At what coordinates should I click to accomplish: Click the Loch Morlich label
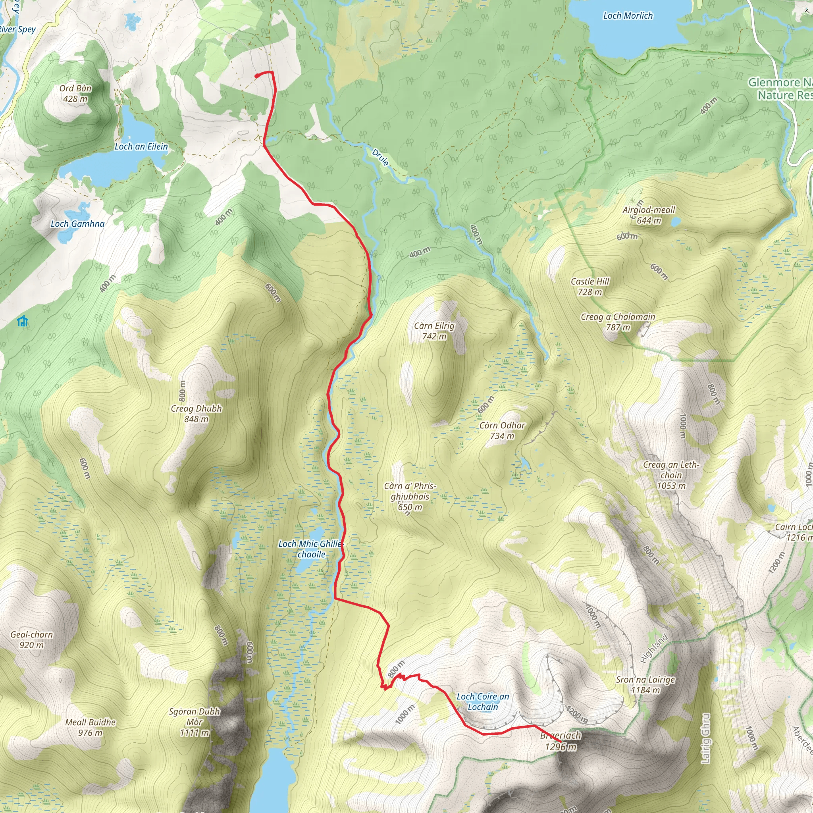(x=628, y=16)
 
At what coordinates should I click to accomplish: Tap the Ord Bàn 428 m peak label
(x=75, y=93)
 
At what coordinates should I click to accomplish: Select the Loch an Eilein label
(x=141, y=146)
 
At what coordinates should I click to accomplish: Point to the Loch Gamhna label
(x=77, y=224)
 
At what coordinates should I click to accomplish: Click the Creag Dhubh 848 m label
(x=196, y=414)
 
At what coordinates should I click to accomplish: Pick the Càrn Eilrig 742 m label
(x=434, y=331)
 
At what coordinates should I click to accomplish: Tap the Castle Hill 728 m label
(x=590, y=287)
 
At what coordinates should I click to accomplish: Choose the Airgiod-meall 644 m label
(x=649, y=215)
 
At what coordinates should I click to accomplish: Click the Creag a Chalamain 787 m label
(x=618, y=322)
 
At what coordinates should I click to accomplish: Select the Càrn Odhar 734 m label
(x=502, y=430)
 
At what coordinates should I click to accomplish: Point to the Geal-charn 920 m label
(x=32, y=640)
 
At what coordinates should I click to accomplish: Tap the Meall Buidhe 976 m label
(x=90, y=727)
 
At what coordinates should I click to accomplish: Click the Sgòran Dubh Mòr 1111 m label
(x=195, y=722)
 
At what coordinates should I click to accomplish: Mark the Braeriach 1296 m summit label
(x=561, y=741)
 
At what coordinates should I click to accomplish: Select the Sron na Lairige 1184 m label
(x=645, y=685)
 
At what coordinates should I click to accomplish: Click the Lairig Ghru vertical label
(x=706, y=738)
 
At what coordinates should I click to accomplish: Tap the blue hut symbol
(x=23, y=322)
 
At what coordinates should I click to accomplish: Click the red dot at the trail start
(x=257, y=76)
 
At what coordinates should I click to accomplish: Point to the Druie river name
(x=380, y=157)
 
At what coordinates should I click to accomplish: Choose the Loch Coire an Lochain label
(x=483, y=702)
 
